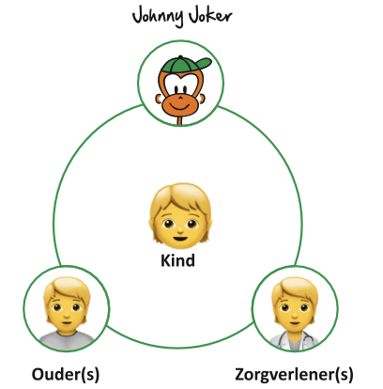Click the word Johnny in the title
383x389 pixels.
click(158, 17)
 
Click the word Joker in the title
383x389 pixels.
click(209, 16)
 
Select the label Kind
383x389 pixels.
click(177, 260)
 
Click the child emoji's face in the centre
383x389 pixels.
click(180, 225)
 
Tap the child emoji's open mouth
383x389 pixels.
click(180, 240)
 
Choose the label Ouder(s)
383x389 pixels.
click(66, 374)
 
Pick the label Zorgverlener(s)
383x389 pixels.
click(294, 374)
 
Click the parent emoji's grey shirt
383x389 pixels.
click(67, 340)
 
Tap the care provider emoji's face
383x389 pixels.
click(295, 311)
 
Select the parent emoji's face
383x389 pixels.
click(67, 311)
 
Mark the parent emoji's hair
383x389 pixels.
click(67, 289)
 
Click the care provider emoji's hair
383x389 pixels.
click(295, 289)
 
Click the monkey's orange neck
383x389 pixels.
click(179, 120)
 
